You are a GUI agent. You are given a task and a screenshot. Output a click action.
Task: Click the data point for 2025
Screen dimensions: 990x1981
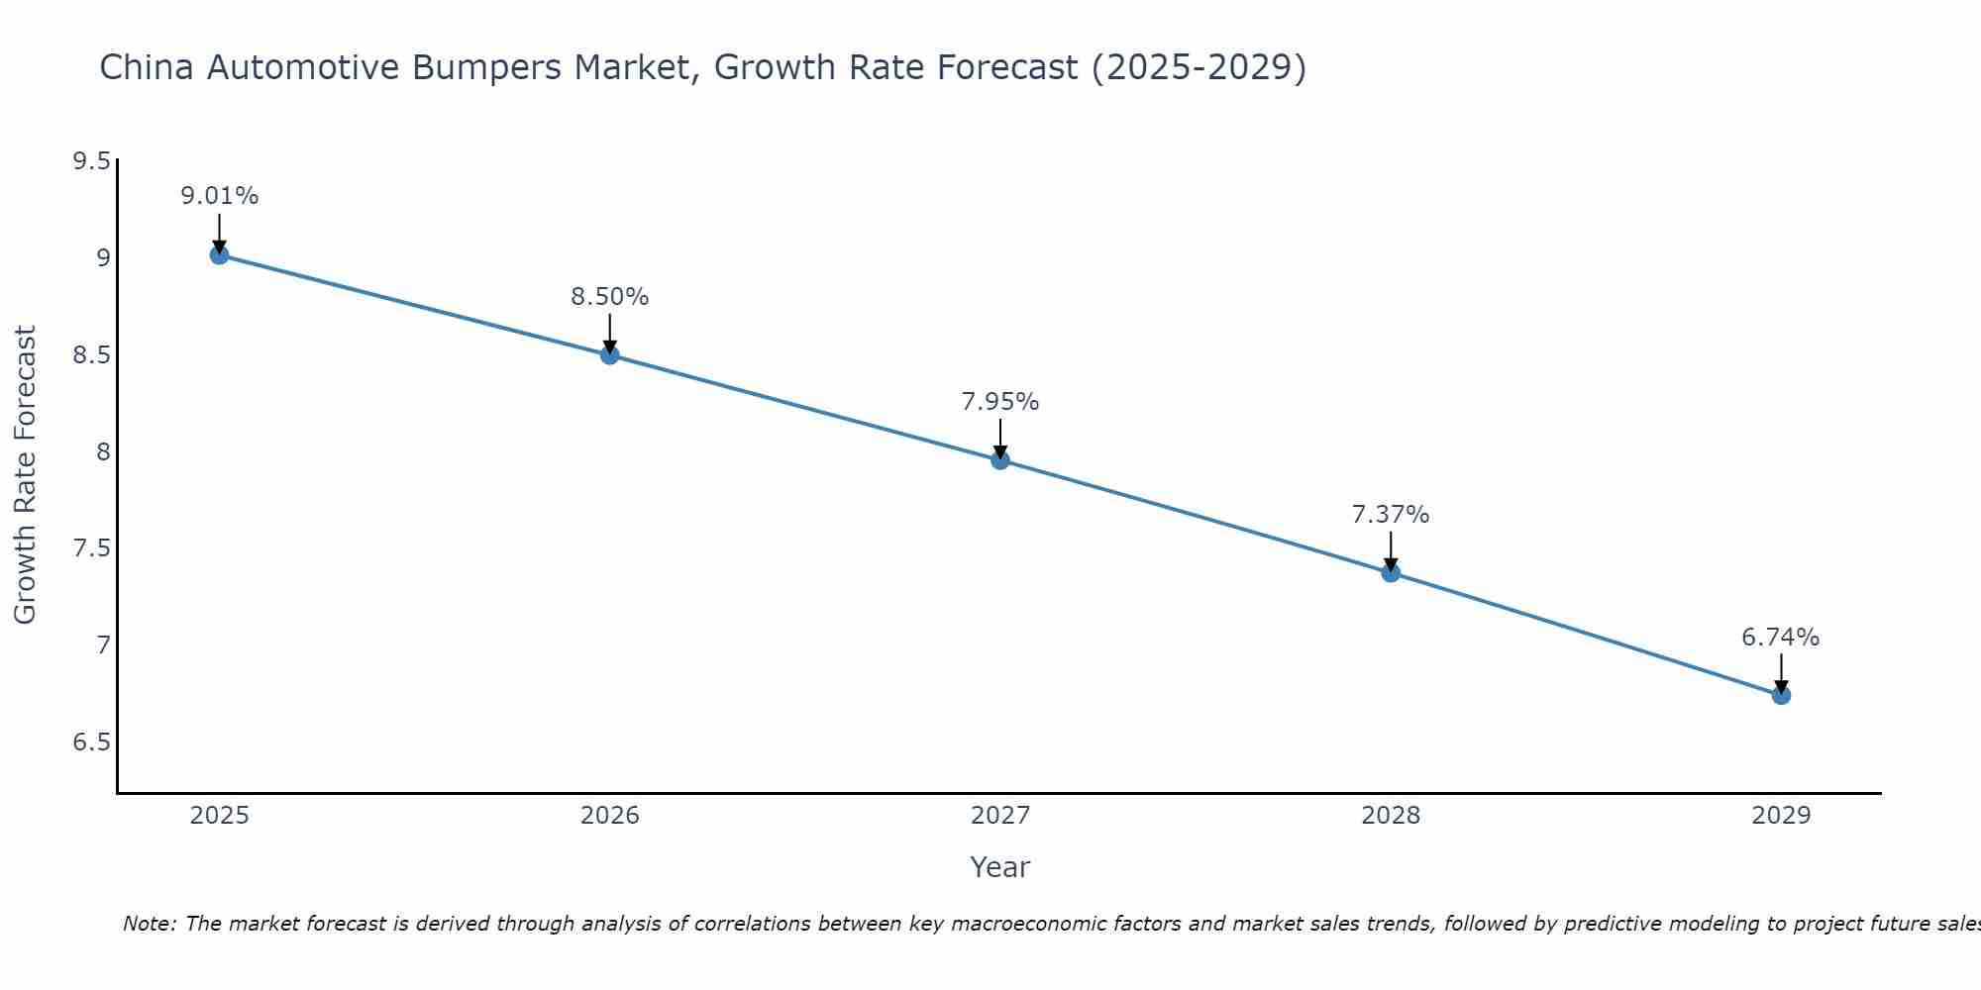219,255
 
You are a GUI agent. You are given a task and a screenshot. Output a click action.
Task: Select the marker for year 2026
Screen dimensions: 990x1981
610,354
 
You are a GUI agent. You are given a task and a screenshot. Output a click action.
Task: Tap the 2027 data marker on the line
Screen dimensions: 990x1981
1000,460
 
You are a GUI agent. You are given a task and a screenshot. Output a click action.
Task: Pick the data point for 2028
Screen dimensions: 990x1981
1391,572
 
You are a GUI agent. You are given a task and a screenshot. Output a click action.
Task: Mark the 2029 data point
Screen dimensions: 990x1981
1781,695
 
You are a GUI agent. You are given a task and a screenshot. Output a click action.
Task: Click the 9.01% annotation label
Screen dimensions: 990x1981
219,196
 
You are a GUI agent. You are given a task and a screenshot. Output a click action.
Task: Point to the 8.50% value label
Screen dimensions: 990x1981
610,297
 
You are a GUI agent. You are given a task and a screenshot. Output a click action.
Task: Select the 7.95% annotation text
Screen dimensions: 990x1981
1000,402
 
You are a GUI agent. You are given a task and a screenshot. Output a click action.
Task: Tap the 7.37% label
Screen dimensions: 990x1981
1391,515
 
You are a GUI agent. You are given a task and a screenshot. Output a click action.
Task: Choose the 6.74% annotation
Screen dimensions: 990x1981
1781,638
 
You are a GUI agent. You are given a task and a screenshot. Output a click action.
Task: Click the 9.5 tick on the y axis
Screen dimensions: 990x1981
91,161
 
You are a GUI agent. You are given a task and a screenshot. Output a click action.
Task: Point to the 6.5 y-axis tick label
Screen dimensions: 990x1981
91,742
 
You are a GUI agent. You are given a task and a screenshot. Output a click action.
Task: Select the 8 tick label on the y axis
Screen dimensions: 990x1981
103,452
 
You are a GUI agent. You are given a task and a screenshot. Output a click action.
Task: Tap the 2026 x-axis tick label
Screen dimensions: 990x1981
610,816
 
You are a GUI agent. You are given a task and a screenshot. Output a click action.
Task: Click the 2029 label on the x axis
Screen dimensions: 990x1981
1781,816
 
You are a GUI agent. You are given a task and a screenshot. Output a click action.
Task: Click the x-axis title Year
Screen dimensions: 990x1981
1000,867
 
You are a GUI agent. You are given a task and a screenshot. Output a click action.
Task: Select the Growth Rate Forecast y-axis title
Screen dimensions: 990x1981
26,475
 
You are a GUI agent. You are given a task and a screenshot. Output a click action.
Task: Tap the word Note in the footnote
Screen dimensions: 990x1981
149,924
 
